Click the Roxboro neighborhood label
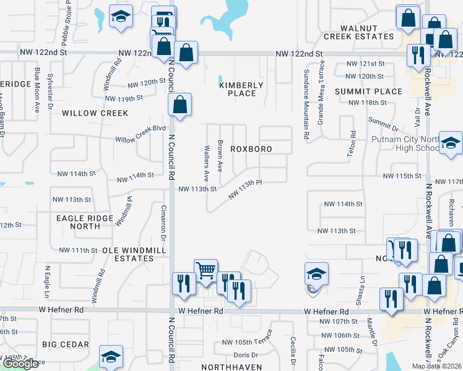coord(252,149)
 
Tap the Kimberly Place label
coord(241,89)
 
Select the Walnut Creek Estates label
coord(358,32)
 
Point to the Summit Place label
coord(369,92)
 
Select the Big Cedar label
coord(66,344)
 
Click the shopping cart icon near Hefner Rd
coord(205,270)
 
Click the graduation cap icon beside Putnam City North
coord(451,142)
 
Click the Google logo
coord(20,364)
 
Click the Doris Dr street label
coord(246,355)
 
